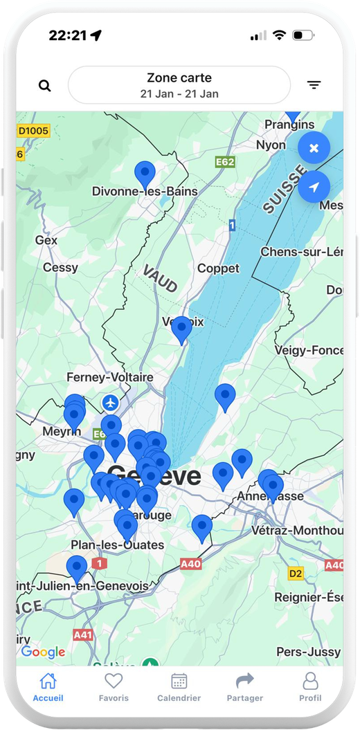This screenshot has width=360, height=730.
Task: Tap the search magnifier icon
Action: click(x=45, y=86)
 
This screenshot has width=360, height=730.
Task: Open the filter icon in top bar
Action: click(x=314, y=85)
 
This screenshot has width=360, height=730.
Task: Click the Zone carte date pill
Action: click(x=179, y=85)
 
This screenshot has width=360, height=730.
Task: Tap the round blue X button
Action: click(x=314, y=148)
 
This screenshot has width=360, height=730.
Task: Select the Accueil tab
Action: click(x=48, y=686)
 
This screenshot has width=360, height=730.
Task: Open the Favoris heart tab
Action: click(x=114, y=686)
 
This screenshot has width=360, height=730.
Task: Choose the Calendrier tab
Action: click(x=179, y=686)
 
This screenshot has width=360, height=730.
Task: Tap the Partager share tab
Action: click(x=245, y=686)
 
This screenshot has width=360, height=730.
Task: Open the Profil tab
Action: click(x=310, y=686)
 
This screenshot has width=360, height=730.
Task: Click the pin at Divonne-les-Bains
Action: click(x=145, y=174)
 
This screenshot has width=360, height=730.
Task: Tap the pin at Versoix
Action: click(x=181, y=329)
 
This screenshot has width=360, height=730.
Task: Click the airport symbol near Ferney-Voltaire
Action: click(x=110, y=402)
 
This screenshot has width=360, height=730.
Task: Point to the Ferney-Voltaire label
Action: click(x=110, y=377)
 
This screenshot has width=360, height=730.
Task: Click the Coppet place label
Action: click(x=218, y=268)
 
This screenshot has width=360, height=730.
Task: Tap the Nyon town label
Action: click(x=271, y=145)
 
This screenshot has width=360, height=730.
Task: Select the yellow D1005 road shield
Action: click(x=34, y=130)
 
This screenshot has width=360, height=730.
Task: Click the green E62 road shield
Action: click(x=225, y=162)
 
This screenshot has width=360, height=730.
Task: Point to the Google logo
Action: click(x=43, y=652)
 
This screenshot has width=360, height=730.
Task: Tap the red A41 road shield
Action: click(x=83, y=634)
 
